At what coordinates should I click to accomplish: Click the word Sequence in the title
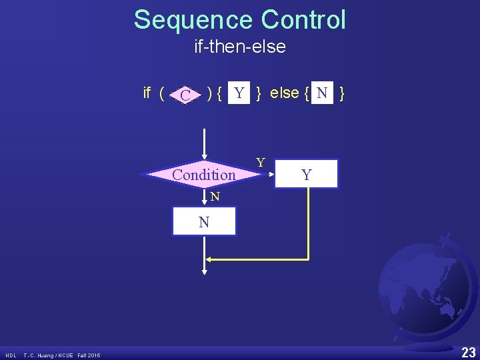[193, 20]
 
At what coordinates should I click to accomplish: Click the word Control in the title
[303, 20]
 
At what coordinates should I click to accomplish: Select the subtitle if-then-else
[240, 47]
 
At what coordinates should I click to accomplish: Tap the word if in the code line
[148, 93]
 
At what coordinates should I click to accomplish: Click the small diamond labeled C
[187, 95]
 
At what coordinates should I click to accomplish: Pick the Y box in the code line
[239, 93]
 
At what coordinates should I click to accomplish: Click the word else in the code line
[285, 93]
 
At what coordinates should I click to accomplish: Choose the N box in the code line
[322, 93]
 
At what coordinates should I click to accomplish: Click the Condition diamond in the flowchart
[203, 175]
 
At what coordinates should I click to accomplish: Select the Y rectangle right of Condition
[306, 175]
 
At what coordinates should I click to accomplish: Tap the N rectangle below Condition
[204, 222]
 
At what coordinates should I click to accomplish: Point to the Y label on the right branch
[261, 163]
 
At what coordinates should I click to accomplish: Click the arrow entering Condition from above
[204, 147]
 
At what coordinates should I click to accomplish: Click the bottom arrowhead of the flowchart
[204, 270]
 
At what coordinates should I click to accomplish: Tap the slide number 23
[468, 351]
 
